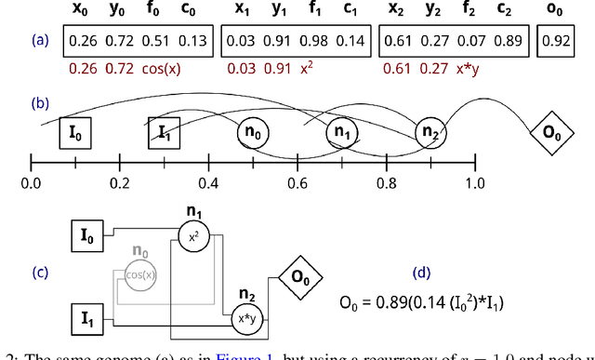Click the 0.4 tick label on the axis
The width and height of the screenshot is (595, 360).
click(208, 181)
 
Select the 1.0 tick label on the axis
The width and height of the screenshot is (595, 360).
click(476, 181)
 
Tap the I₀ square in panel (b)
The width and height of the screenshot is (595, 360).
click(74, 132)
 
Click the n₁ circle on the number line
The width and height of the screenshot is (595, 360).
click(341, 134)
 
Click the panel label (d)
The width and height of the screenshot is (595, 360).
click(421, 273)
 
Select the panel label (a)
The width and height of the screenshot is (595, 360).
click(38, 41)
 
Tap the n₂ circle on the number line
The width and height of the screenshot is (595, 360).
click(430, 134)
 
